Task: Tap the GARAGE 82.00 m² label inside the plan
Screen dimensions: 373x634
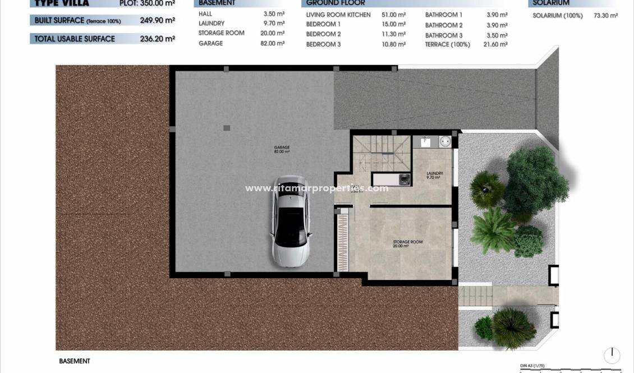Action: [x=282, y=149]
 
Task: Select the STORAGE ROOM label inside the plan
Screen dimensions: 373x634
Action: [x=407, y=243]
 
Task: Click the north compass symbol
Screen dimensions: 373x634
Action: [x=612, y=355]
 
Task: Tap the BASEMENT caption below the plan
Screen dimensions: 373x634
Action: [x=75, y=361]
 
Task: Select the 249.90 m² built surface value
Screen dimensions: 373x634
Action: [x=157, y=21]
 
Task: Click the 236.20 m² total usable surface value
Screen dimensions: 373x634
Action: [x=157, y=39]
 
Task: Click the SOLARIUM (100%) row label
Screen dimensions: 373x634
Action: [x=557, y=16]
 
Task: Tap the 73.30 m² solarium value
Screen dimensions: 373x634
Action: [x=605, y=16]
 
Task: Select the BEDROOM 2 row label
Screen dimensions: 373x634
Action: [x=323, y=34]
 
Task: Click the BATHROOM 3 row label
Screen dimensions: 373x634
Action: [x=444, y=35]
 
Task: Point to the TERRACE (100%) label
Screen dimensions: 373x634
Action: [x=447, y=44]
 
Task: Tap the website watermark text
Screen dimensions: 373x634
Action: [x=316, y=188]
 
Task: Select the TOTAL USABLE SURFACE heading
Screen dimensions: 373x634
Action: [x=75, y=39]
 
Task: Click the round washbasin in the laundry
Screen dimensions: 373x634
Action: [x=444, y=142]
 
